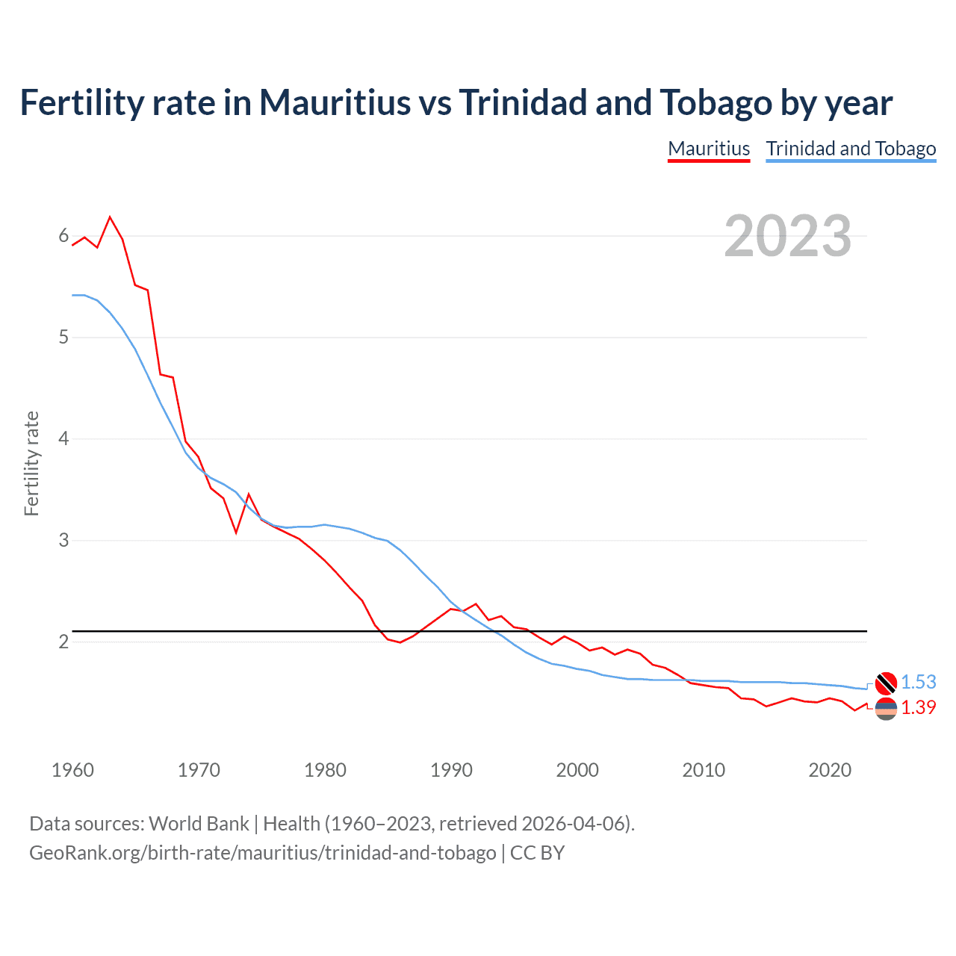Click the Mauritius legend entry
coord(708,149)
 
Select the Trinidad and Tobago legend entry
coord(851,149)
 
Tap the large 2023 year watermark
coord(787,236)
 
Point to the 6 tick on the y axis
coord(63,236)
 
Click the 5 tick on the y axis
coord(63,337)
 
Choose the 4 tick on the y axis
coord(63,438)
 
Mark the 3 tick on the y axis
coord(63,540)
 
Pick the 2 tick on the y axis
coord(63,642)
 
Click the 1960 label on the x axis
coord(72,770)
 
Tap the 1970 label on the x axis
coord(199,770)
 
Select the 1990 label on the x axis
coord(451,770)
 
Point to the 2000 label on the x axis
coord(577,770)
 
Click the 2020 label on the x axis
coord(830,770)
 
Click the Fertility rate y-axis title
coord(31,463)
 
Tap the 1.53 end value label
coord(918,682)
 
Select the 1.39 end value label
coord(918,707)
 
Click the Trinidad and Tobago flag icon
coord(886,683)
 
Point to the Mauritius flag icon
coord(886,709)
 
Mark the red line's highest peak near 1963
coord(111,217)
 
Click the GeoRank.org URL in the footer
coord(262,852)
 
